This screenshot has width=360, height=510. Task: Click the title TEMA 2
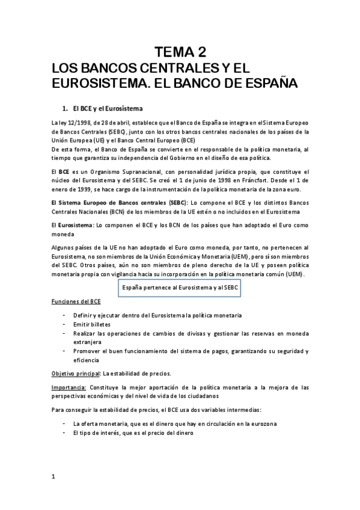pos(180,51)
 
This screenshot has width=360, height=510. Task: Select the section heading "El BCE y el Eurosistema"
pos(106,109)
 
